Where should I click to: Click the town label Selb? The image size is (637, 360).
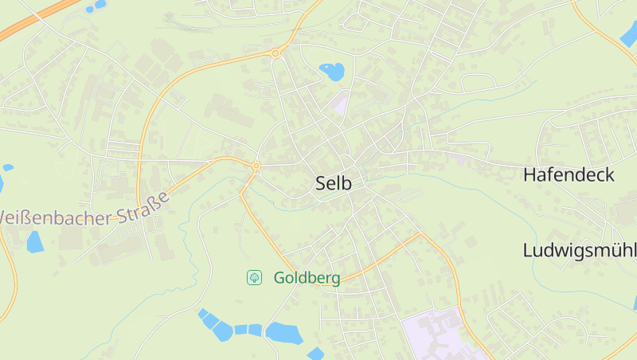[334, 183]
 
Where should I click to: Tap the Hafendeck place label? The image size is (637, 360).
[569, 175]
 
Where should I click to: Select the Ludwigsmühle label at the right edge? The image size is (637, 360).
[579, 249]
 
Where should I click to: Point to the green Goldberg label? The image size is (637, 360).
[307, 278]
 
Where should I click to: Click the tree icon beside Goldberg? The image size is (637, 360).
[254, 277]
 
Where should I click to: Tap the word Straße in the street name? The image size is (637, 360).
[144, 205]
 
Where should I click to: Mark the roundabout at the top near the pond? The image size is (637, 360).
[276, 53]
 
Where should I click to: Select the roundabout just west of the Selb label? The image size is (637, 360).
[256, 166]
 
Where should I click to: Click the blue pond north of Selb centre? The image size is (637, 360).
[332, 72]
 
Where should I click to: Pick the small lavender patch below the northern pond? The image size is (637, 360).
[341, 102]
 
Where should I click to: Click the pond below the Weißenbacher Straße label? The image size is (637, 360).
[34, 241]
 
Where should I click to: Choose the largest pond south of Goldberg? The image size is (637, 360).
[283, 332]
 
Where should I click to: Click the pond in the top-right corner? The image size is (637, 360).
[629, 36]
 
